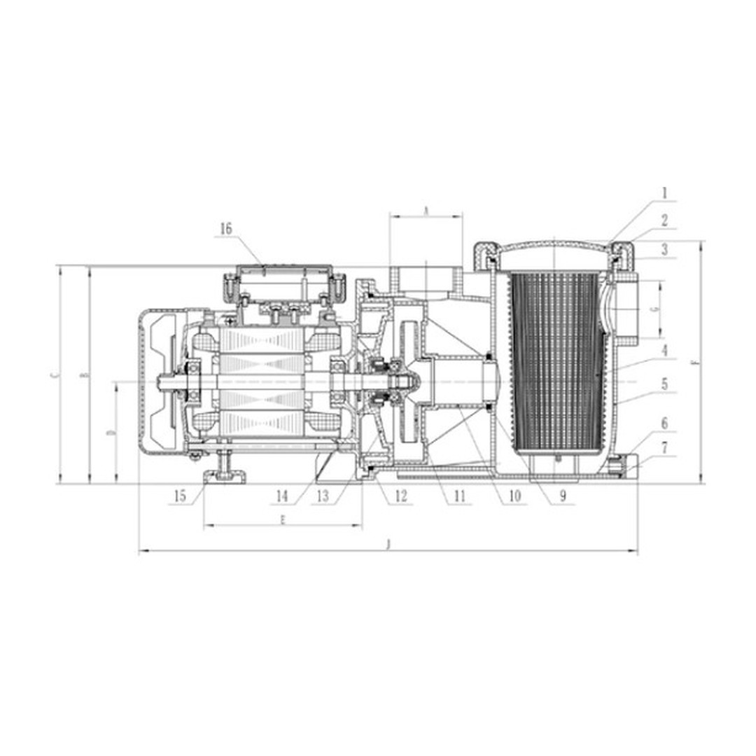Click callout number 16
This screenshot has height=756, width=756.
[x=225, y=229]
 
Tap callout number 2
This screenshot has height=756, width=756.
[x=664, y=220]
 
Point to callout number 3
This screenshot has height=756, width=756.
[x=664, y=250]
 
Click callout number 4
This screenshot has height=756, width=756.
[x=664, y=350]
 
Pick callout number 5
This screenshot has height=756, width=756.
[x=664, y=384]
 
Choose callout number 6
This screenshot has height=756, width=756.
[x=664, y=423]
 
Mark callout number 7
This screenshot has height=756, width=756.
[x=664, y=447]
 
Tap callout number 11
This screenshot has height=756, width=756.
[x=459, y=496]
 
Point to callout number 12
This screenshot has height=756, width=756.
[x=400, y=496]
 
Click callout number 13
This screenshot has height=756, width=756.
[x=322, y=496]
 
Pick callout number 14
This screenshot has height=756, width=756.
[x=282, y=496]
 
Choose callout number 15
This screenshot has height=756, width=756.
[x=180, y=496]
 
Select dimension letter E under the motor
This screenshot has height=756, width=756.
[x=282, y=519]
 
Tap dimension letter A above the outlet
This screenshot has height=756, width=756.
[x=426, y=210]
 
